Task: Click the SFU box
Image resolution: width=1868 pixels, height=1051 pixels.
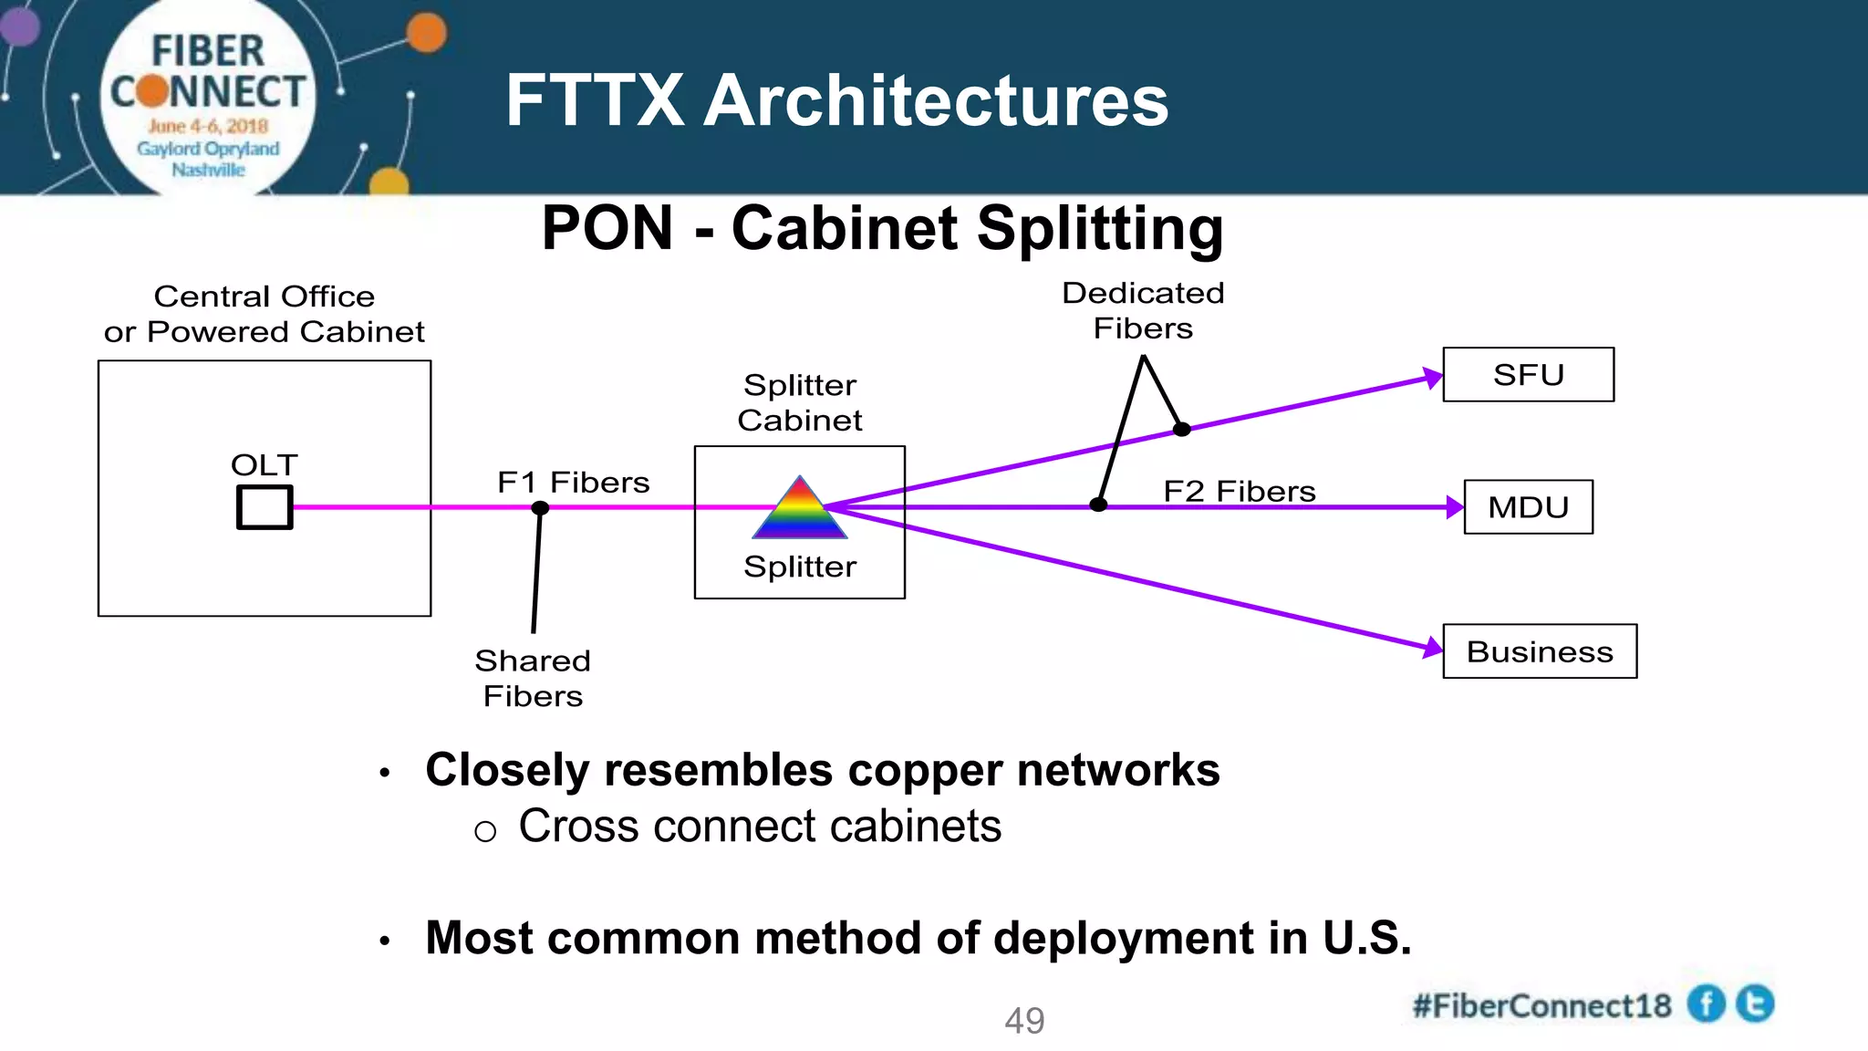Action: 1528,374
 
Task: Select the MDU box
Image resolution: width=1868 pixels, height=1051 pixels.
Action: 1528,506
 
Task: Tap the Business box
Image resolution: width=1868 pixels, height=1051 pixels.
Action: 1540,651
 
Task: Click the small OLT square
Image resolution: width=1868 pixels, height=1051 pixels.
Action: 265,506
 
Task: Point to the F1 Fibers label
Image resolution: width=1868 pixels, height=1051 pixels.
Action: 573,482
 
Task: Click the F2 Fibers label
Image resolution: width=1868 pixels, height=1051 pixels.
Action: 1239,491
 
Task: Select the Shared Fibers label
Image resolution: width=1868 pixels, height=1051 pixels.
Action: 533,678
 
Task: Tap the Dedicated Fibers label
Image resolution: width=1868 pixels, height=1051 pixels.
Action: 1143,310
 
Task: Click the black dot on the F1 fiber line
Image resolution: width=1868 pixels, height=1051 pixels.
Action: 540,507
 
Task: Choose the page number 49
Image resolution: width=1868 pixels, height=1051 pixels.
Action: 1024,1020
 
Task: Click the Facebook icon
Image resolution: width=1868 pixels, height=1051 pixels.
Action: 1706,1004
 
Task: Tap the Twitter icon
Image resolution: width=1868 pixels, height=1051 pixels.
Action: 1755,1004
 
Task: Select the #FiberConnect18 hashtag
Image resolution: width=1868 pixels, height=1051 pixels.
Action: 1541,1005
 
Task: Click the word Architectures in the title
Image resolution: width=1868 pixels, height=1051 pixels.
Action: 936,100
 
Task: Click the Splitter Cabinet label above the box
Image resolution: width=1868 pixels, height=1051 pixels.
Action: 800,402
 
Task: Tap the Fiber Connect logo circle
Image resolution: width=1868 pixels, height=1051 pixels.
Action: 208,99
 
